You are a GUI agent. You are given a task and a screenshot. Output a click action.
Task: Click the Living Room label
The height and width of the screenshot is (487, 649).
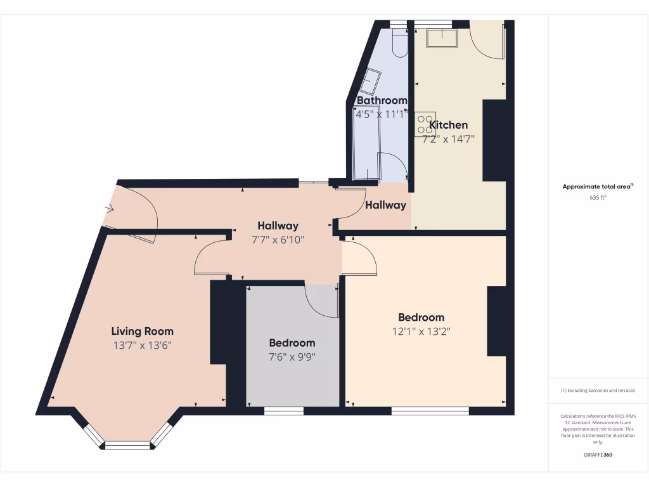point(142,331)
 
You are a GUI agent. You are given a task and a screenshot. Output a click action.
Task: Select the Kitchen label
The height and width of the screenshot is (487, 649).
point(449,125)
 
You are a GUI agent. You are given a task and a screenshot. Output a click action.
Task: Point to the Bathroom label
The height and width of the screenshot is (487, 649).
point(382,100)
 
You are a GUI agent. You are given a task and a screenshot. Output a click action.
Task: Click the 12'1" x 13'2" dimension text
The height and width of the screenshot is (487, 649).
point(421,331)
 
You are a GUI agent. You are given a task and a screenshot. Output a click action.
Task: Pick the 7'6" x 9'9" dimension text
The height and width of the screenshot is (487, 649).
point(292,356)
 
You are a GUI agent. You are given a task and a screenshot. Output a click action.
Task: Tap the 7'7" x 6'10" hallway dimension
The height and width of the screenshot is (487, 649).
point(278,240)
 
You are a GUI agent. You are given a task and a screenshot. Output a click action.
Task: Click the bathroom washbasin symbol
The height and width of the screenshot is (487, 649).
point(370,82)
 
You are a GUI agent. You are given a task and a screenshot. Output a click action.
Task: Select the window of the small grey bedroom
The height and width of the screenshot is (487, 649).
point(283,411)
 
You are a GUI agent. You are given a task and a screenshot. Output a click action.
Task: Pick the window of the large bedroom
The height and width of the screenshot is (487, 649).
point(430,411)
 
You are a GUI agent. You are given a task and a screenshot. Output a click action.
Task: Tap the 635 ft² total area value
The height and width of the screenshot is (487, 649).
point(598,198)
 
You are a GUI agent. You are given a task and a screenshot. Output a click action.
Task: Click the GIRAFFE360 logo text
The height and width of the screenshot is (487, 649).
point(598,455)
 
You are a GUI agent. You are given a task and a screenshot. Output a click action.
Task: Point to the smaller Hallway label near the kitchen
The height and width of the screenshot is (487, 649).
point(385,205)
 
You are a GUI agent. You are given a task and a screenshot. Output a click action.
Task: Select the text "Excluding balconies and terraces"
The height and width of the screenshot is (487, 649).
point(600,391)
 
